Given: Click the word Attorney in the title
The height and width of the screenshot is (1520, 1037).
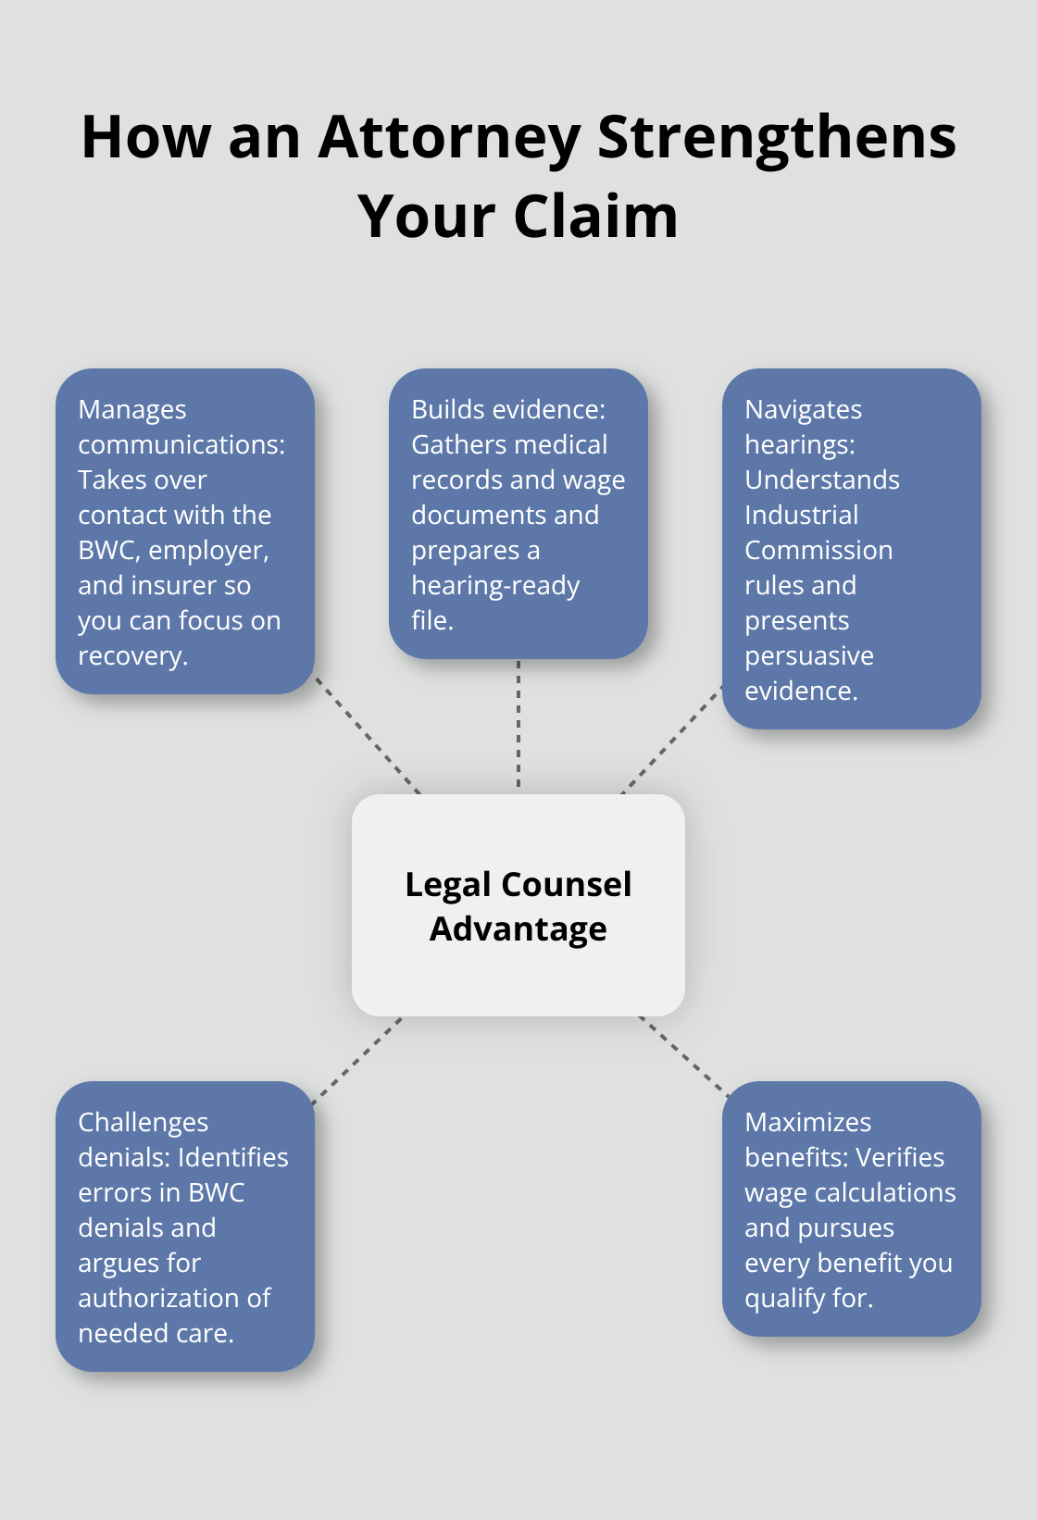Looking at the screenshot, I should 449,139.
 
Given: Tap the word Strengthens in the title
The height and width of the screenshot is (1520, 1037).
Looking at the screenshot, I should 776,139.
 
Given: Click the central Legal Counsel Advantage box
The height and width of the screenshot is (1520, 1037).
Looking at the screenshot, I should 518,904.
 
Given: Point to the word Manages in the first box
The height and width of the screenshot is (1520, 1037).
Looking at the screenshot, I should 132,410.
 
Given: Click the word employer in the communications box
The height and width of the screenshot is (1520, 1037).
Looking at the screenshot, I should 207,551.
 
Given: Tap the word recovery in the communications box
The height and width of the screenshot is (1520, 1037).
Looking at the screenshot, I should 132,656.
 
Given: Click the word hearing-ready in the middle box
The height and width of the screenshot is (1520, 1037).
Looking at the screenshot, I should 495,586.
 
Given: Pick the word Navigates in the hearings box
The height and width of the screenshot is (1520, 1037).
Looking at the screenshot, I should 803,410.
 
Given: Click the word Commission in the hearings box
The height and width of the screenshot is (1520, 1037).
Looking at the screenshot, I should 818,551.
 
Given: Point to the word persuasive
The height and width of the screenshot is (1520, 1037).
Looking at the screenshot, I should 809,656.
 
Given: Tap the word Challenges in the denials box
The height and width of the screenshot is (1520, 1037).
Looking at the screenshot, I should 144,1123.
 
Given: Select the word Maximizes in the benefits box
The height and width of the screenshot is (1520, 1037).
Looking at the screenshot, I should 807,1123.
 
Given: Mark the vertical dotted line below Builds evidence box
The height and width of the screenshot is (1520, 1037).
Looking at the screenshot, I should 518,726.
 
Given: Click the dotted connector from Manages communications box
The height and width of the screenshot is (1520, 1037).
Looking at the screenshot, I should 367,733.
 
